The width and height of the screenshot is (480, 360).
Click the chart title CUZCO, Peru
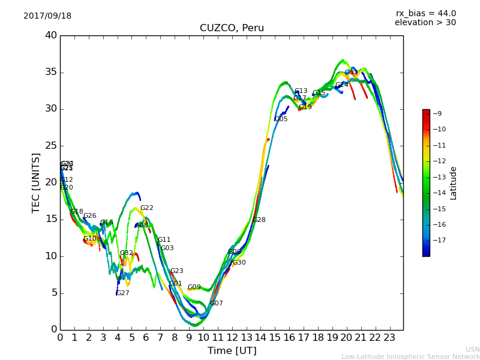(x=232, y=28)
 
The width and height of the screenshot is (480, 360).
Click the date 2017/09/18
(x=47, y=16)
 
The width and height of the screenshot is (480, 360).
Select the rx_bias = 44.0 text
(x=425, y=13)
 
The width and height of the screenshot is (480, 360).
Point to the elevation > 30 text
(x=425, y=23)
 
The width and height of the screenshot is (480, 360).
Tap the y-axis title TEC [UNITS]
(x=36, y=182)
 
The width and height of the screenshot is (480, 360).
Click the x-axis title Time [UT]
(x=232, y=350)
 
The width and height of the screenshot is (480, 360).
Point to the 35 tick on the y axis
(x=51, y=73)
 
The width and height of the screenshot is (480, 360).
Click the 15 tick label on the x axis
(x=274, y=338)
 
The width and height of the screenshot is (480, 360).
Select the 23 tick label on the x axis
(x=389, y=338)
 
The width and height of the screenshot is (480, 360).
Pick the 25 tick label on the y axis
(x=51, y=146)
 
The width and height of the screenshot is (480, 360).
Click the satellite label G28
(x=259, y=220)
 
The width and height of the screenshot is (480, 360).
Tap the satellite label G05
(x=281, y=119)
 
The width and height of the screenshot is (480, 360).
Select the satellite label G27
(x=123, y=293)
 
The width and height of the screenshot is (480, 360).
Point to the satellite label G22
(x=147, y=208)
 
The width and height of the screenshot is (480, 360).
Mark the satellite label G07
(x=217, y=304)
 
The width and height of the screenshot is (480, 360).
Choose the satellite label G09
(x=194, y=287)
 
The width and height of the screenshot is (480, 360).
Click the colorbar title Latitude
(x=454, y=183)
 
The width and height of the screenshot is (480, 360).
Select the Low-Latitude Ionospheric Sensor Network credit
(x=410, y=356)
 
